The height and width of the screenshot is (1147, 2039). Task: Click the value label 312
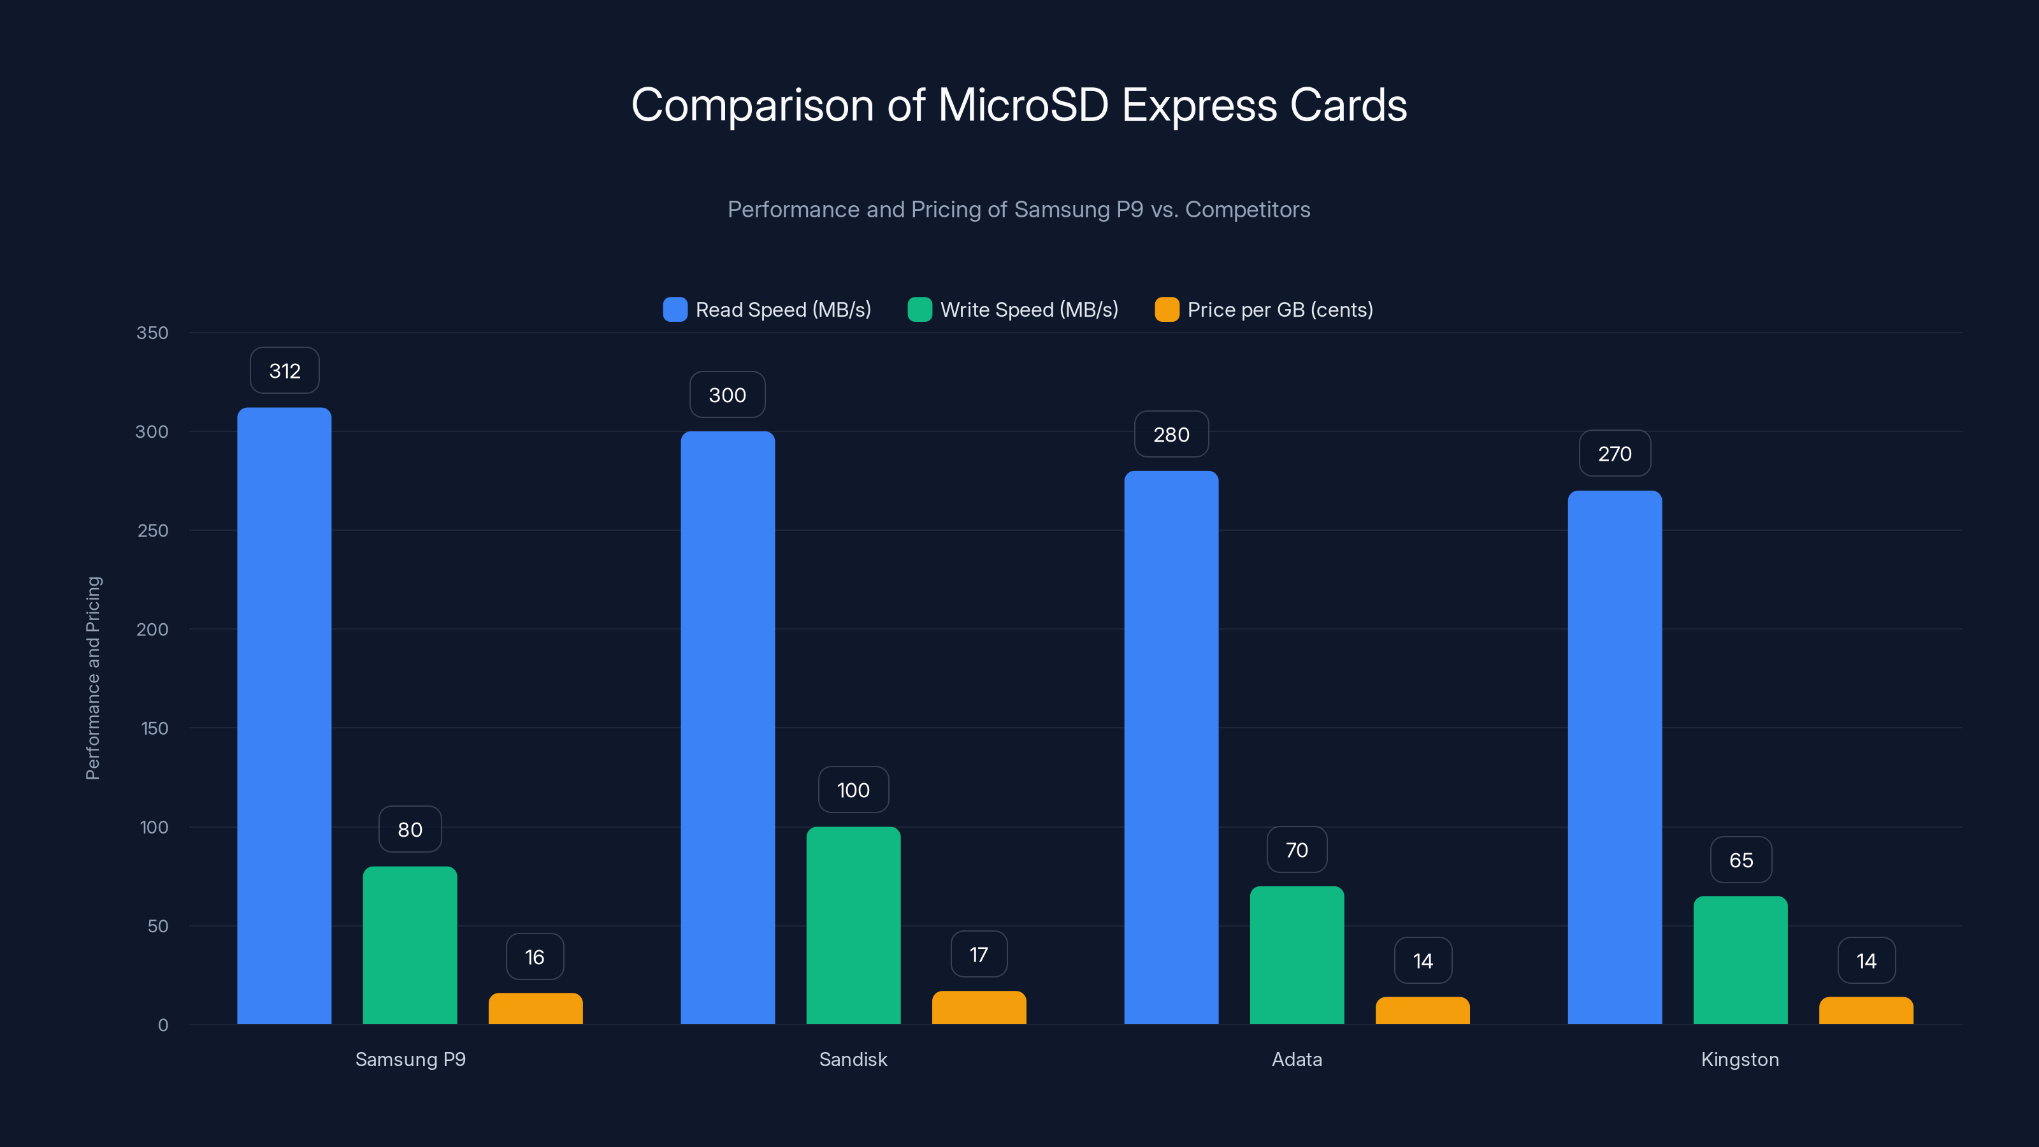285,370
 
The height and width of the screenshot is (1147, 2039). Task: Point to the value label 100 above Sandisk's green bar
853,790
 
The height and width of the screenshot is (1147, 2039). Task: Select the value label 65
1741,860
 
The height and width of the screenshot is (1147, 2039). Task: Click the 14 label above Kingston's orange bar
1866,961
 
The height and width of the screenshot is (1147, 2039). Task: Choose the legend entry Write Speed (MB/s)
1028,310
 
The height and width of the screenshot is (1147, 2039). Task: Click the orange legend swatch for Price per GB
1167,310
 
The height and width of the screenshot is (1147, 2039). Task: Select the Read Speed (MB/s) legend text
783,310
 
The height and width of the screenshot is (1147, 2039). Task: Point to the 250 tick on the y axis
153,530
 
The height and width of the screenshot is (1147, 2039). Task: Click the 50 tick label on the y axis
157,926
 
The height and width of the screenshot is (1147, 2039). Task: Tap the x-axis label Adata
1297,1059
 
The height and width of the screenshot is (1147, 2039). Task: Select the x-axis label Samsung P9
410,1059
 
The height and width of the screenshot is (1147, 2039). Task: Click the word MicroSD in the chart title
1023,105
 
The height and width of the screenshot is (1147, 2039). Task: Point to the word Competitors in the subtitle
1248,210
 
